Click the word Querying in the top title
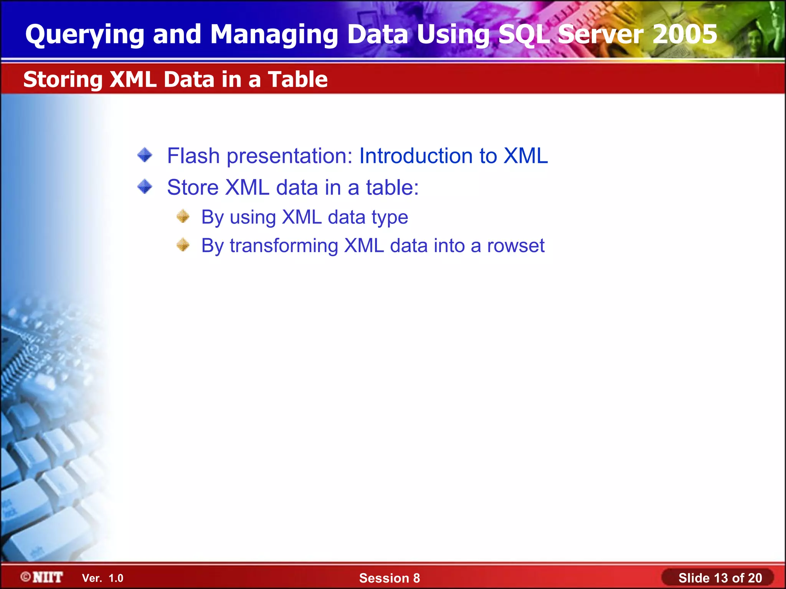point(84,35)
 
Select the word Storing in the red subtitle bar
point(63,80)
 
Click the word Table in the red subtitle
point(298,79)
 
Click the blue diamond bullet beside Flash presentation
point(145,155)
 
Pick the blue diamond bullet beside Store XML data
point(145,187)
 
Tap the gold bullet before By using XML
point(183,216)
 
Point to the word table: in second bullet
point(392,188)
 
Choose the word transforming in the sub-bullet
point(284,246)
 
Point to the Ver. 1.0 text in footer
point(103,578)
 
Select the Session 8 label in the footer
point(389,578)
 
